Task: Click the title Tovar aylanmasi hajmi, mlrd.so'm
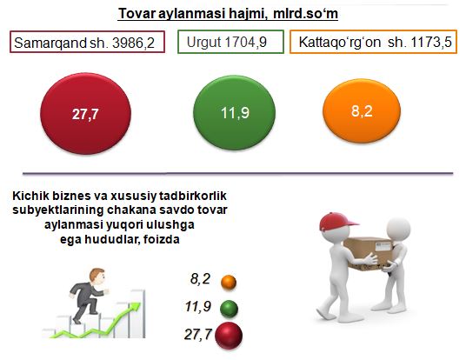(x=228, y=14)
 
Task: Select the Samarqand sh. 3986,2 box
(x=87, y=42)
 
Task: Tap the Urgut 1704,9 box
(x=230, y=42)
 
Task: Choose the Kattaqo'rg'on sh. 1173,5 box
(x=373, y=42)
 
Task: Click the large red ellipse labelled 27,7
(x=85, y=114)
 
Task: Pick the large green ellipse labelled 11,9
(x=234, y=113)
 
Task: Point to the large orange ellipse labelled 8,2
(x=362, y=110)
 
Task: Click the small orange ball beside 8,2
(x=229, y=282)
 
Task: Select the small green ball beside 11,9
(x=229, y=309)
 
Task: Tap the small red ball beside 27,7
(x=229, y=336)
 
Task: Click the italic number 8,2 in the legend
(x=200, y=279)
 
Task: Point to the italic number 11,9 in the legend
(x=198, y=306)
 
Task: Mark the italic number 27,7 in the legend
(x=198, y=334)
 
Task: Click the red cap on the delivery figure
(x=336, y=221)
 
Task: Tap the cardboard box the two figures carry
(x=369, y=253)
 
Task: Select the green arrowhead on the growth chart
(x=135, y=307)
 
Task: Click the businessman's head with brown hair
(x=97, y=277)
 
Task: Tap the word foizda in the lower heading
(x=161, y=239)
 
